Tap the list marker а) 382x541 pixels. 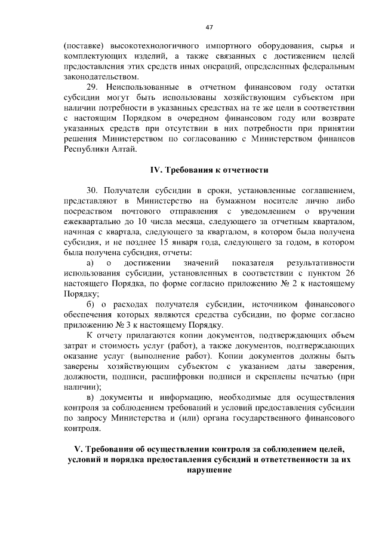click(x=90, y=263)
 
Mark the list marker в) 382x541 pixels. click(x=90, y=398)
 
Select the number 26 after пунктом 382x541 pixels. click(x=349, y=273)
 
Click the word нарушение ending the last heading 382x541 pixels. click(x=208, y=470)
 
